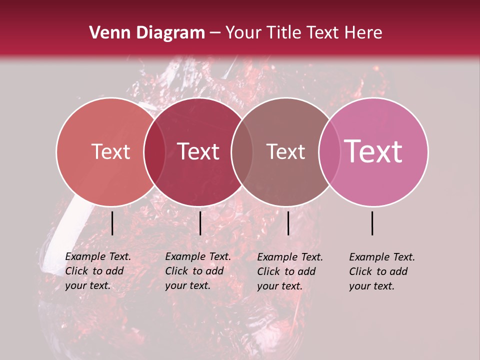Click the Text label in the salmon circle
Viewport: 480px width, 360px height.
click(x=110, y=152)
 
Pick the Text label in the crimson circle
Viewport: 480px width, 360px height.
click(x=198, y=152)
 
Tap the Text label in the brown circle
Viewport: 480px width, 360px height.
click(x=285, y=152)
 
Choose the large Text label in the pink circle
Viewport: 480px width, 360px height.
click(x=373, y=151)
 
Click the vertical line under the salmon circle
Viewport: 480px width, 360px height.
click(x=112, y=223)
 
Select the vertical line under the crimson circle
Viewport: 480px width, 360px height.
click(x=200, y=223)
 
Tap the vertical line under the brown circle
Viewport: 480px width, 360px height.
click(x=288, y=223)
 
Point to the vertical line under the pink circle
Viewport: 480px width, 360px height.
click(x=372, y=223)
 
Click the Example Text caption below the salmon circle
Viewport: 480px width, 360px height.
click(x=98, y=271)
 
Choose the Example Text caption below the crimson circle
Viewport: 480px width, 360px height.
click(x=198, y=271)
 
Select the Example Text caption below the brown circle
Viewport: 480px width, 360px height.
click(x=290, y=271)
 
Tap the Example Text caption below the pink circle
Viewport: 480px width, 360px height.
click(x=382, y=271)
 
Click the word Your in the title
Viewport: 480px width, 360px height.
click(x=243, y=33)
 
